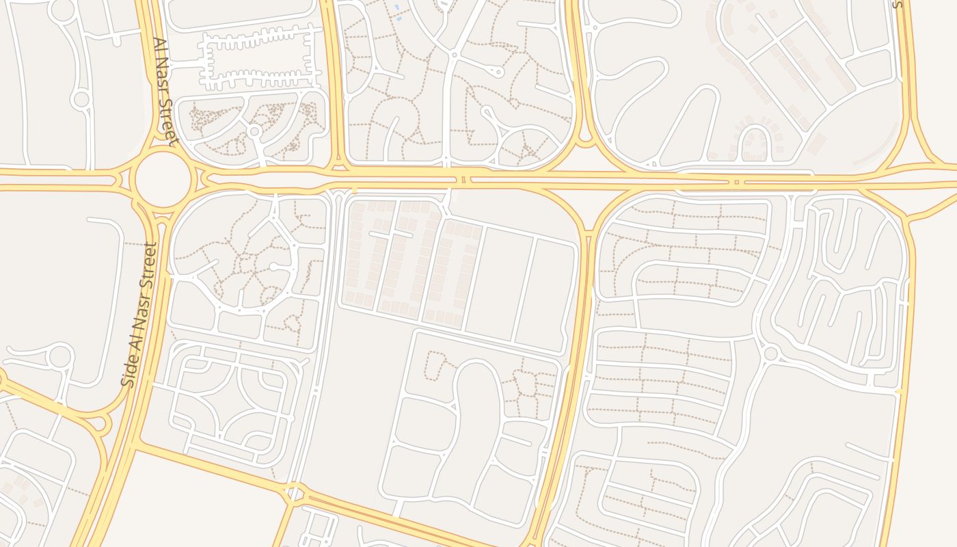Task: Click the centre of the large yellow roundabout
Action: point(162,180)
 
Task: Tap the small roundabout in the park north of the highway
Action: point(255,131)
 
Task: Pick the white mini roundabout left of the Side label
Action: point(60,356)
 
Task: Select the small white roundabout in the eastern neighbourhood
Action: point(771,353)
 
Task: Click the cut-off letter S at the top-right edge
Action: point(898,4)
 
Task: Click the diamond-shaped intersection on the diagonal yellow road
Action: point(295,492)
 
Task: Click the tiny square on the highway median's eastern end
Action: point(736,182)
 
